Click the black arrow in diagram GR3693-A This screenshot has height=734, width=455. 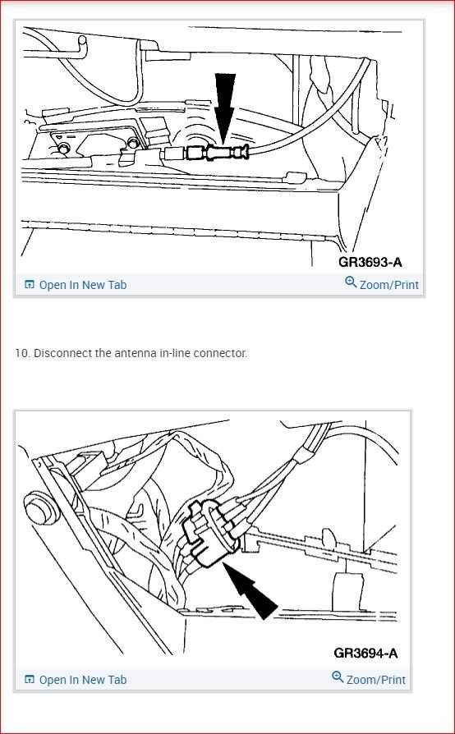click(x=225, y=108)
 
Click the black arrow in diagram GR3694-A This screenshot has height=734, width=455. click(x=250, y=590)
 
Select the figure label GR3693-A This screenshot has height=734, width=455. click(x=370, y=262)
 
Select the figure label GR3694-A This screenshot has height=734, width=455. click(x=365, y=653)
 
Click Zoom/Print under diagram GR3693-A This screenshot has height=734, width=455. click(x=389, y=285)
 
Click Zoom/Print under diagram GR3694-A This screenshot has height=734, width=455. click(x=376, y=680)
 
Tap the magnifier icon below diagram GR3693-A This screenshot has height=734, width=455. click(x=351, y=282)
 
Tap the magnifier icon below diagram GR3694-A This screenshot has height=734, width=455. click(x=338, y=677)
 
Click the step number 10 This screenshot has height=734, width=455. click(x=22, y=353)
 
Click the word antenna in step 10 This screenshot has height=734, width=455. click(x=136, y=353)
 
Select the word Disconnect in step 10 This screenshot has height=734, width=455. click(x=62, y=353)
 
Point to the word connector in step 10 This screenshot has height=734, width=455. click(x=220, y=353)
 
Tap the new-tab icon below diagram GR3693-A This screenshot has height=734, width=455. click(x=30, y=285)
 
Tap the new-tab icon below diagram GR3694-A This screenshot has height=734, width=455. click(x=30, y=679)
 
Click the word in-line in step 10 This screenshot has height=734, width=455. click(x=175, y=353)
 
